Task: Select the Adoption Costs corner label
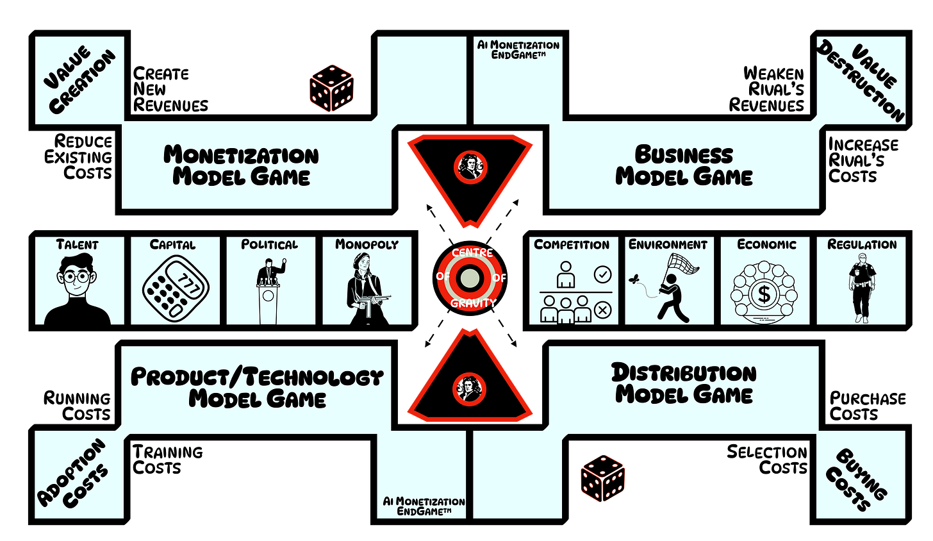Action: [x=72, y=473]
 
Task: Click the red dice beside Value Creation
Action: [x=331, y=88]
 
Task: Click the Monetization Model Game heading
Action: [x=241, y=165]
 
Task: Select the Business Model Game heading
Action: [x=684, y=165]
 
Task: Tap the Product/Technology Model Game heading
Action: [x=257, y=388]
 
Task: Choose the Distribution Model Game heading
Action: [x=684, y=383]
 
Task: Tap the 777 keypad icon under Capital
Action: [x=176, y=289]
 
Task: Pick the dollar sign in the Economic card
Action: [x=764, y=294]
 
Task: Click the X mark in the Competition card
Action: [x=602, y=310]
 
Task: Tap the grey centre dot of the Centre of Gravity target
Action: [x=470, y=278]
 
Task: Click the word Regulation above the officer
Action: [x=861, y=245]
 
